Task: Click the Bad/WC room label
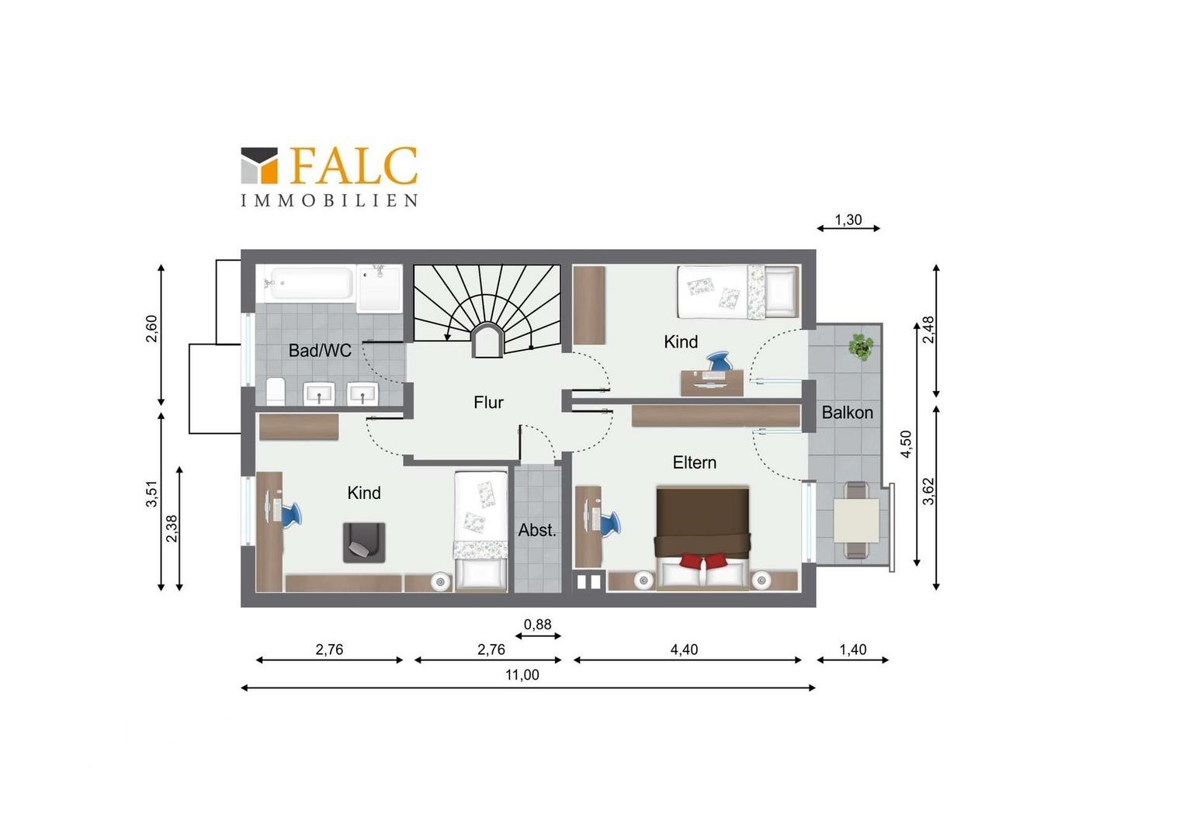coord(320,351)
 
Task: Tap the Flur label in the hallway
coord(488,403)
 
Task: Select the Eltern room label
coord(694,462)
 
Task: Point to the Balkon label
coord(847,412)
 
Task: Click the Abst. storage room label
coord(537,530)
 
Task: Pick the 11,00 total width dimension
coord(522,674)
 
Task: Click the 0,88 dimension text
coord(537,625)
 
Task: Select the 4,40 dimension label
coord(684,649)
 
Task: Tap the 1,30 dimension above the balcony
coord(848,220)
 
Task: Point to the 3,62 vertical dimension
coord(928,492)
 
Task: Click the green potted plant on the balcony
coord(860,348)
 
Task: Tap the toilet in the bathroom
coord(276,391)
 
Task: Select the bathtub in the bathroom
coord(310,283)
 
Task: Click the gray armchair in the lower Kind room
coord(364,542)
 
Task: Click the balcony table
coord(857,521)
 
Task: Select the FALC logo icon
coord(259,166)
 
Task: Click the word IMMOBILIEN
coord(329,201)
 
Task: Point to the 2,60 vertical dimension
coord(151,329)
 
